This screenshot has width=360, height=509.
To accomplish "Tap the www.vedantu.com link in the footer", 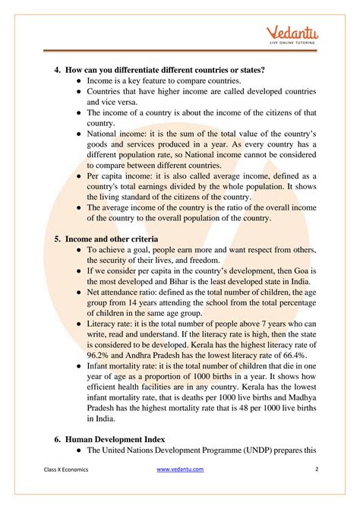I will pyautogui.click(x=181, y=469).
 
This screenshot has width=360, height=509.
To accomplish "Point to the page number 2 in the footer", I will pyautogui.click(x=316, y=469).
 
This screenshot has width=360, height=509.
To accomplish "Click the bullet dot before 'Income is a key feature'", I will pyautogui.click(x=78, y=81).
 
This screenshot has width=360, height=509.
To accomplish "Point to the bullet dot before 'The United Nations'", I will pyautogui.click(x=78, y=450).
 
